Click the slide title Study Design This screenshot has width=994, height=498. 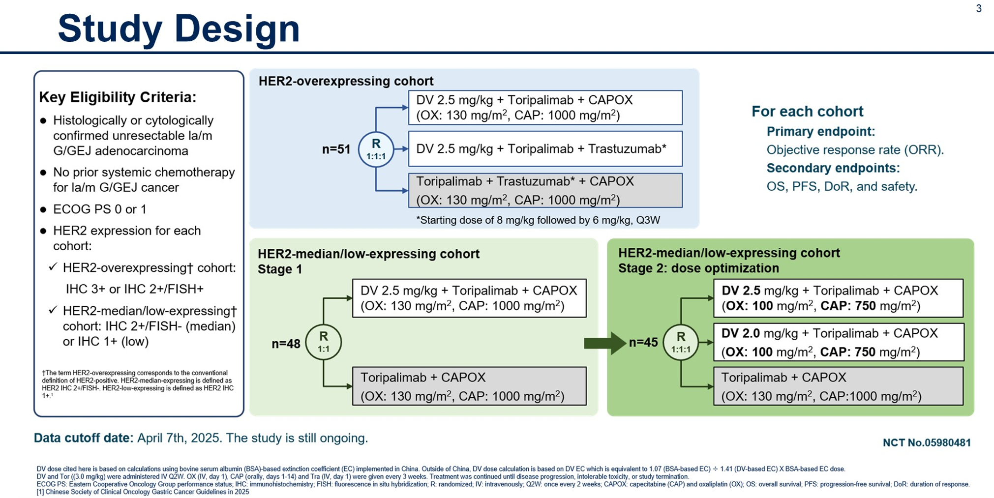(x=179, y=29)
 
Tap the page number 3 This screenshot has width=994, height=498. (x=979, y=8)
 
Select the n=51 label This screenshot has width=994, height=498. (x=336, y=149)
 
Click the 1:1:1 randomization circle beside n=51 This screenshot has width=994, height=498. (x=376, y=149)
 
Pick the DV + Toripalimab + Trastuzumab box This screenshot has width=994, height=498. (x=545, y=149)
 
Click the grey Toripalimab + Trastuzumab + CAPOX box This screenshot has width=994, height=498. (x=545, y=190)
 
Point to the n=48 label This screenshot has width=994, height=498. (x=286, y=344)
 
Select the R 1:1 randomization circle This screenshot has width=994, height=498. (x=323, y=342)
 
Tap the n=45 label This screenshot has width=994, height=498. (x=643, y=343)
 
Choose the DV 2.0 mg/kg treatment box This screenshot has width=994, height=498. (x=838, y=342)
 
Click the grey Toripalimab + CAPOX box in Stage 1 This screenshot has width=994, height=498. (x=469, y=386)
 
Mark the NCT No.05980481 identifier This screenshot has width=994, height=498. (x=927, y=442)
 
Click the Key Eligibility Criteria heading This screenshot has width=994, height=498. (x=118, y=97)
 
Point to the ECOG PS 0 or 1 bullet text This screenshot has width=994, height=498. (x=100, y=209)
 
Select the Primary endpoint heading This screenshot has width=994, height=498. (x=820, y=132)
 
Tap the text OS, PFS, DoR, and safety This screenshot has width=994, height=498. (x=842, y=187)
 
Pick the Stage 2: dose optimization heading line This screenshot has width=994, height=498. (x=698, y=268)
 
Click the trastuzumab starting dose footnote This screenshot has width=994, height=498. (x=538, y=220)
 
